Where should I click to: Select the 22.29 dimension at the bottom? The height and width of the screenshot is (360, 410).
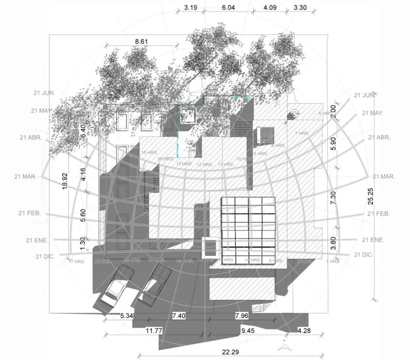pos(232,352)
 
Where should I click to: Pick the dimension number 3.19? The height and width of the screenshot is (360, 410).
pos(191,8)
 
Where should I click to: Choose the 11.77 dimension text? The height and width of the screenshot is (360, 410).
pos(154,331)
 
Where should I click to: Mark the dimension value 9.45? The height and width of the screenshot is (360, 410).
pos(249,331)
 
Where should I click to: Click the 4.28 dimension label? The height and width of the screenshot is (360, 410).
pos(304,330)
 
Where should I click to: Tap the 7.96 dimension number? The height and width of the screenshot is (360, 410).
pos(242,316)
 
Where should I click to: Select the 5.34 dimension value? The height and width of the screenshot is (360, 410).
pos(127,316)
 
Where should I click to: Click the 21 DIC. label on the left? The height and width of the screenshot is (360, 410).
pos(45,257)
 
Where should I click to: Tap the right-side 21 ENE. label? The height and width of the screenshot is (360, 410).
pos(373,239)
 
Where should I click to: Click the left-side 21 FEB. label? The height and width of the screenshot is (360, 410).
pos(30,213)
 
